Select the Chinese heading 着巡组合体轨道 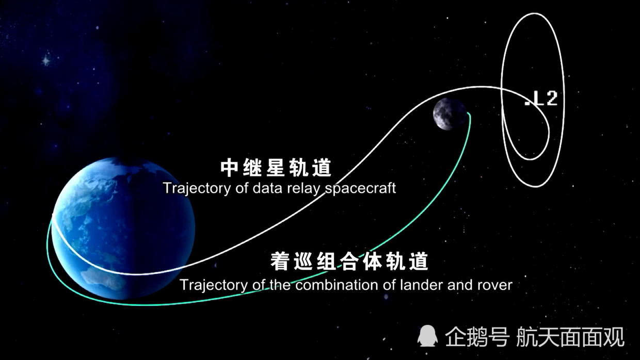[349, 261]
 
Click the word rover [495, 285]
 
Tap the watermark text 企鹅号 [477, 337]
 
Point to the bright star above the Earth [46, 60]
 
